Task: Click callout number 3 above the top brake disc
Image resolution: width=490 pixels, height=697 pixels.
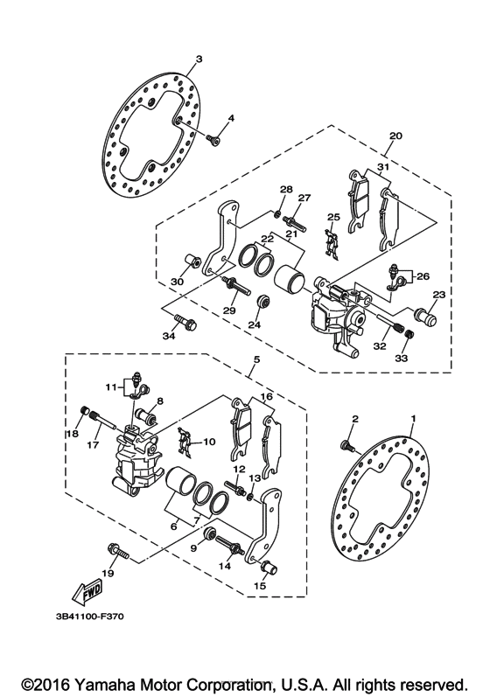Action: click(x=199, y=59)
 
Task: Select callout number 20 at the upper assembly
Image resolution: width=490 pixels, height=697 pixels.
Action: click(x=395, y=136)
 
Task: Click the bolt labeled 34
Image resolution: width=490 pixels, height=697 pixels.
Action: click(x=185, y=322)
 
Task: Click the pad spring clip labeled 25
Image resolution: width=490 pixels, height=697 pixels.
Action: click(x=331, y=242)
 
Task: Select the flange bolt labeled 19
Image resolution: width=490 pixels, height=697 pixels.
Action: click(x=116, y=551)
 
